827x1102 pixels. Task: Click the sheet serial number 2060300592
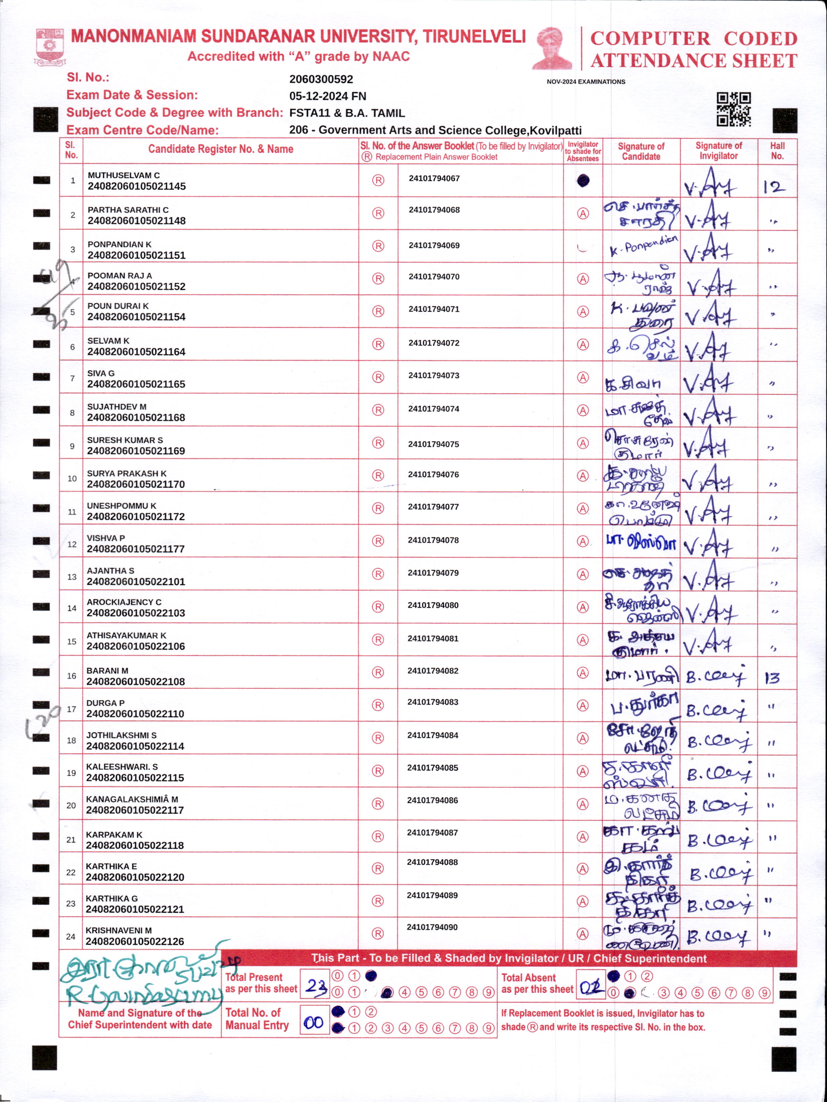pyautogui.click(x=321, y=79)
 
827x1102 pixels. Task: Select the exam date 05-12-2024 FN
pyautogui.click(x=328, y=96)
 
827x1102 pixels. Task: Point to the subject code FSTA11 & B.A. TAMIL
pyautogui.click(x=347, y=113)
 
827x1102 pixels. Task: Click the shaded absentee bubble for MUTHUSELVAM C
pyautogui.click(x=583, y=181)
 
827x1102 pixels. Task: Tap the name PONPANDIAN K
pyautogui.click(x=120, y=244)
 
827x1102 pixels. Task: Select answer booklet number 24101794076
pyautogui.click(x=433, y=474)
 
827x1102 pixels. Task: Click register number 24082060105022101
pyautogui.click(x=136, y=581)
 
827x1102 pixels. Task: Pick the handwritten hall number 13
pyautogui.click(x=772, y=678)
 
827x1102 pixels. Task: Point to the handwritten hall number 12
pyautogui.click(x=774, y=187)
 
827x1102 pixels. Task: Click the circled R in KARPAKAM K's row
pyautogui.click(x=378, y=836)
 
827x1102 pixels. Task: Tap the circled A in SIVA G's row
pyautogui.click(x=583, y=377)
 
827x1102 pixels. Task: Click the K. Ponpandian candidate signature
pyautogui.click(x=643, y=246)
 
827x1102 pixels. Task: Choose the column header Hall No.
pyautogui.click(x=777, y=151)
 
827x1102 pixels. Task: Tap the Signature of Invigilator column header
pyautogui.click(x=718, y=151)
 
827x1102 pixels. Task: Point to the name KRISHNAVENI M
pyautogui.click(x=119, y=930)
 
